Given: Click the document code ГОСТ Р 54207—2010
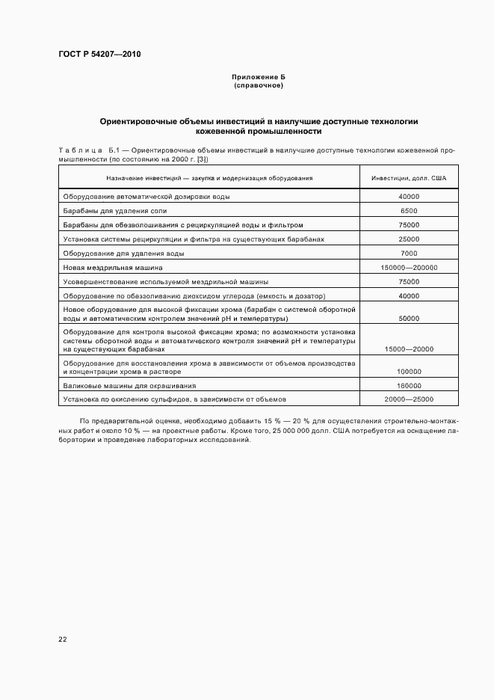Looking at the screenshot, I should [x=99, y=55].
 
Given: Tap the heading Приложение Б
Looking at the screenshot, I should [x=258, y=78].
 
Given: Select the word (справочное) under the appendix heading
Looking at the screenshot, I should [x=258, y=86].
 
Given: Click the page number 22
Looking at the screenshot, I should [x=62, y=639].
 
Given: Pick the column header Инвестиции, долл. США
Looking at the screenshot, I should [x=409, y=178].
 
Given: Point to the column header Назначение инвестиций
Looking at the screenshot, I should [x=209, y=178].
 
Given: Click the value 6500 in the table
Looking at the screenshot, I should [x=409, y=211].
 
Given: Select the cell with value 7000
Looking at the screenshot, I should [x=409, y=254].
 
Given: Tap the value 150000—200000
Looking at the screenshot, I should [x=409, y=268].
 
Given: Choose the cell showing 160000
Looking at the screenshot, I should [x=409, y=386].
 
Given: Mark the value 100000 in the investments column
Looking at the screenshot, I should [x=409, y=372].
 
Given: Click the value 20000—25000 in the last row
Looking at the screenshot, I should [x=409, y=400].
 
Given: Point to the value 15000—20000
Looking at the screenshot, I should [x=409, y=349].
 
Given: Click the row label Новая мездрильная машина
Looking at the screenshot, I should [x=112, y=268].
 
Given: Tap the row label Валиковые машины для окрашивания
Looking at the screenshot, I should [x=129, y=386].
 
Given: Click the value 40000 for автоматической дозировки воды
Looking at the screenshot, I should [x=409, y=197].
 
